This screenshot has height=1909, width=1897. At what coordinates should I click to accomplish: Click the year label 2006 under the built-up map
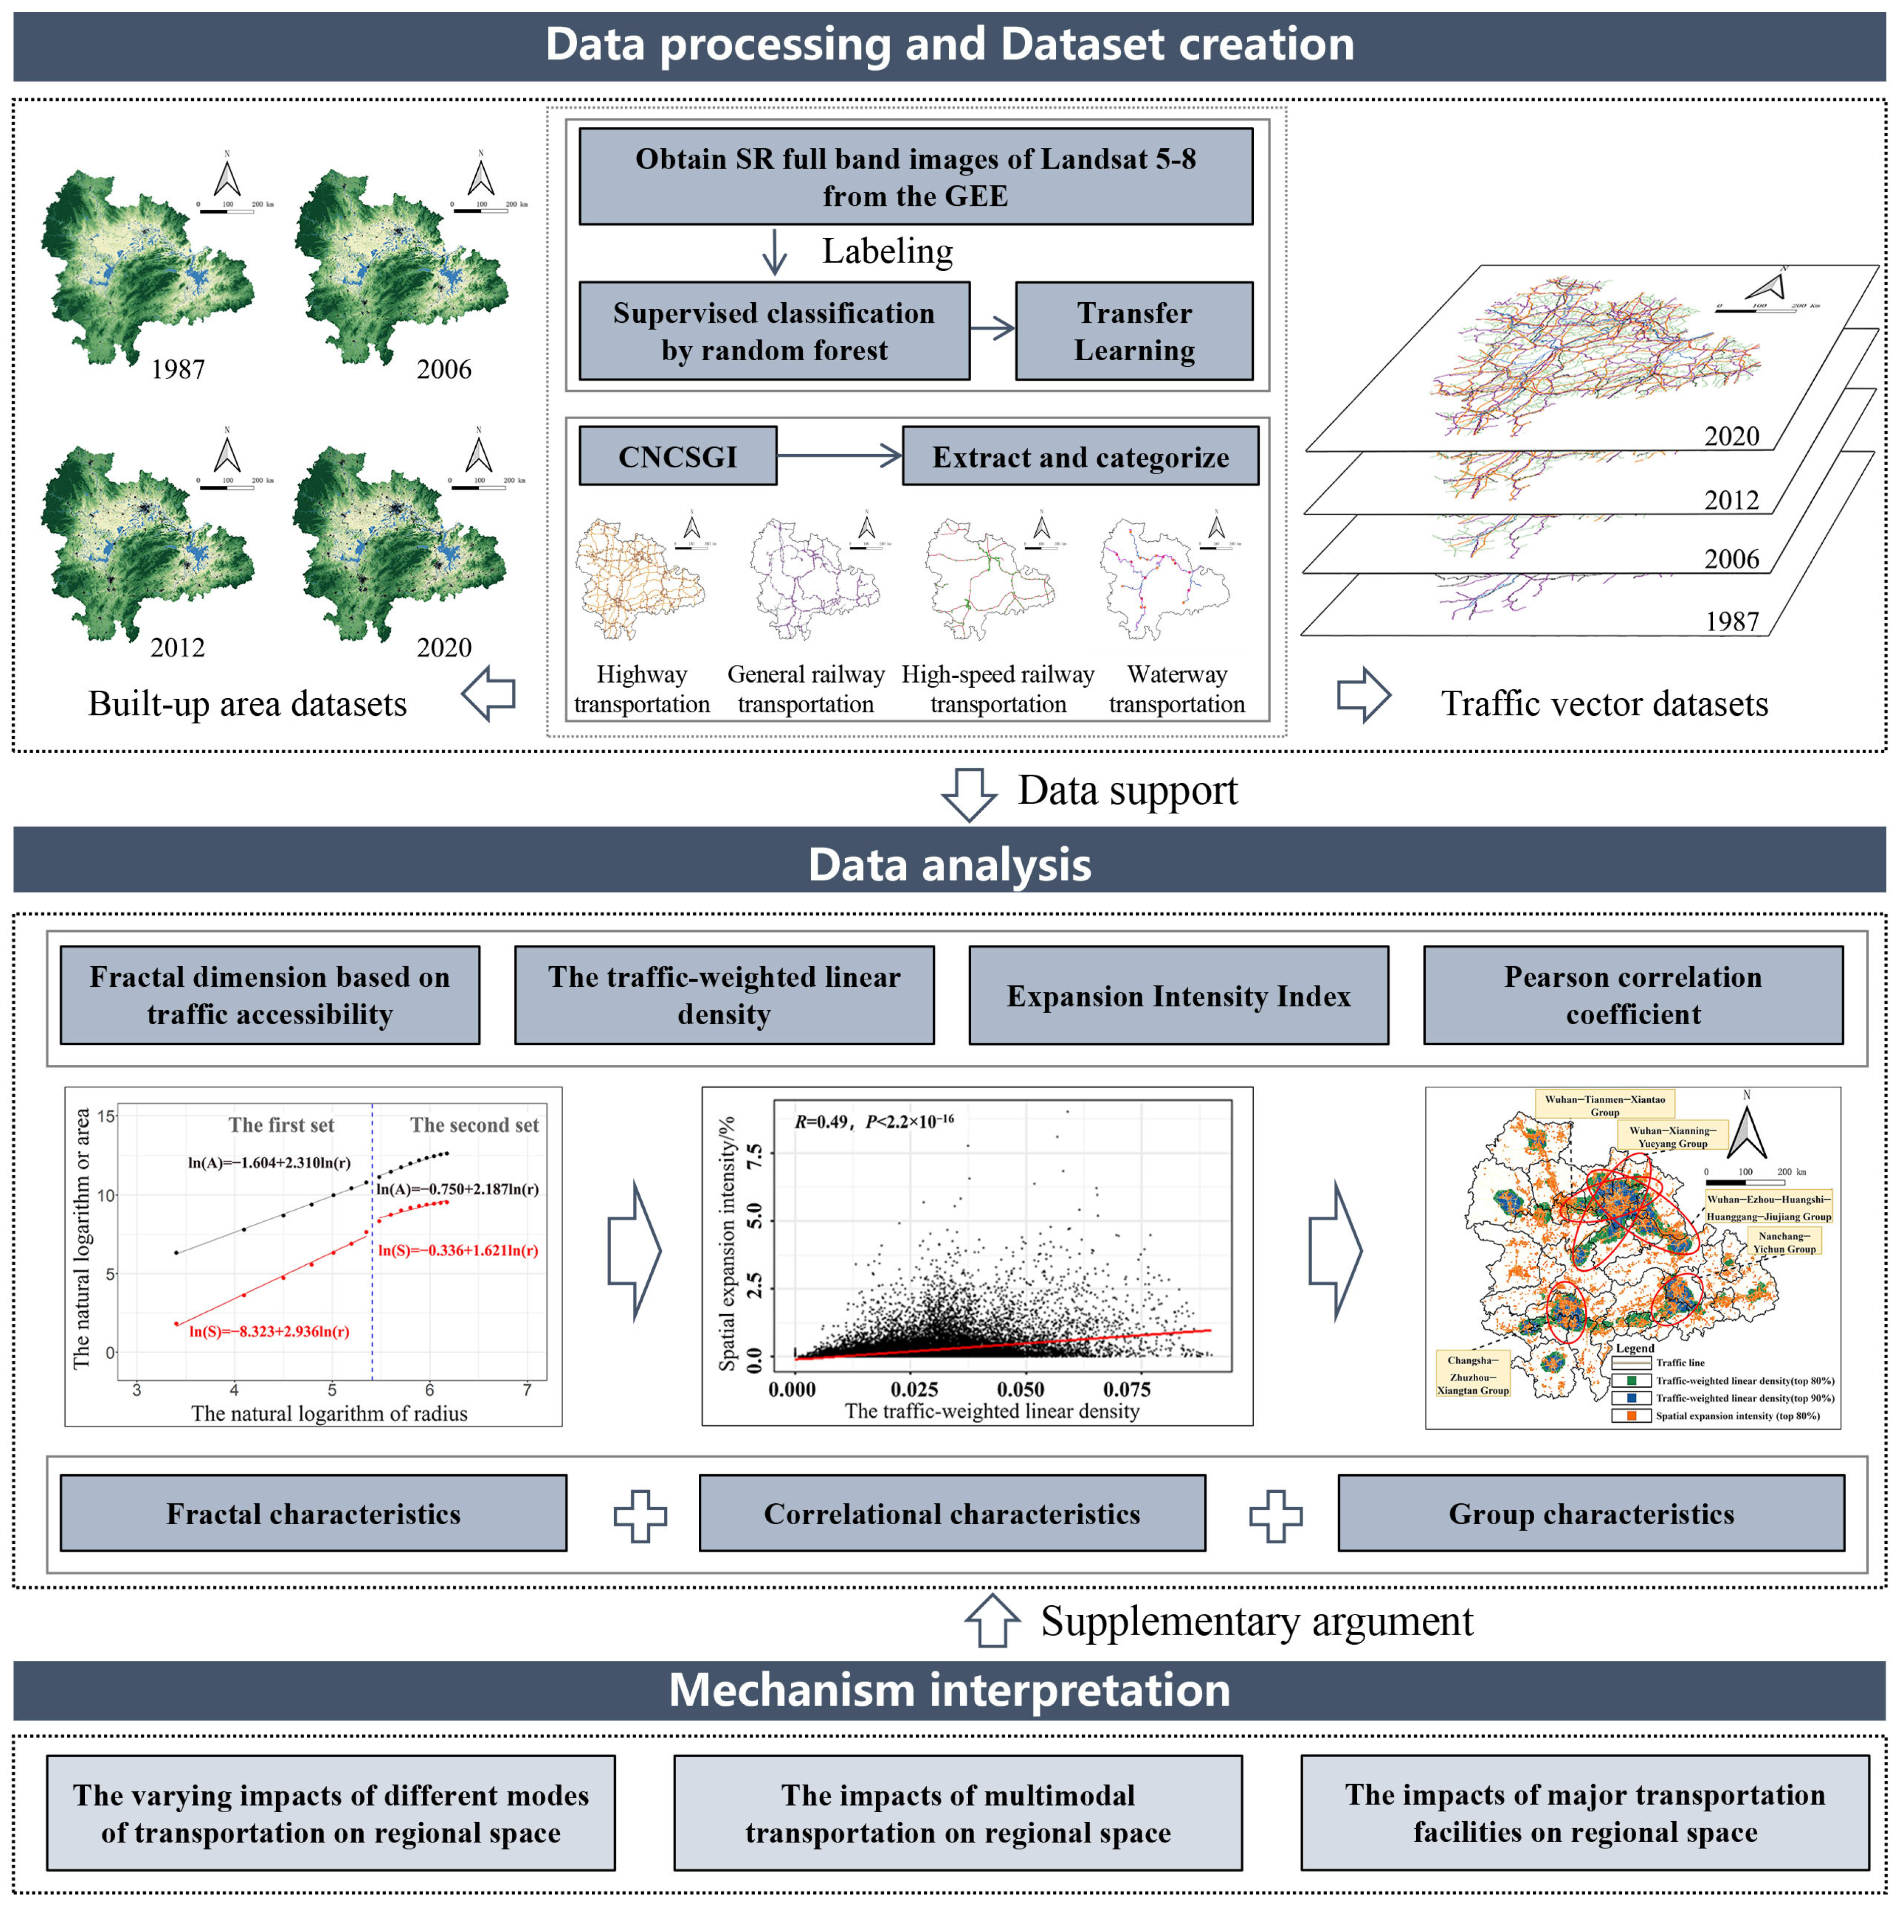click(x=443, y=370)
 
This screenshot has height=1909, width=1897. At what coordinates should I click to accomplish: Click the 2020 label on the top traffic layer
click(x=1731, y=436)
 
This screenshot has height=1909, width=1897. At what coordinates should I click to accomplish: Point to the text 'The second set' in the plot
click(x=474, y=1125)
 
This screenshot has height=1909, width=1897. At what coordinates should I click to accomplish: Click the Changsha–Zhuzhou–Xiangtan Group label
click(x=1472, y=1374)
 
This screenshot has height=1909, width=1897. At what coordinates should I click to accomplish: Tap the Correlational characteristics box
click(x=952, y=1514)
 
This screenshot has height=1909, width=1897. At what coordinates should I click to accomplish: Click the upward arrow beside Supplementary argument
click(x=992, y=1621)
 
